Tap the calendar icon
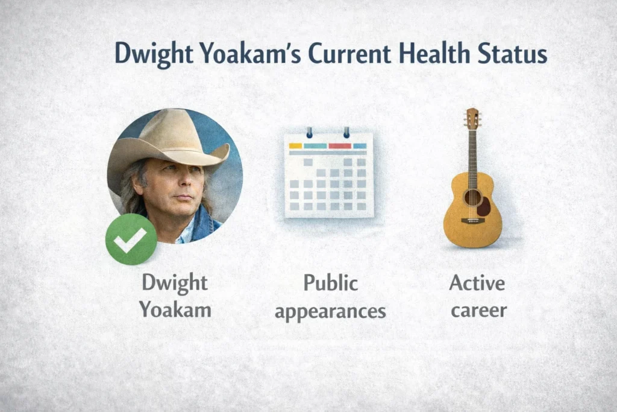click(328, 175)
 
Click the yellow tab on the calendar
click(295, 146)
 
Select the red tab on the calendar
click(339, 146)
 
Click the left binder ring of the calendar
click(309, 132)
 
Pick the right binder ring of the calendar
click(346, 132)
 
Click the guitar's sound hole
click(472, 197)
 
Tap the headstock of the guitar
click(472, 118)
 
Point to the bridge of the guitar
click(472, 221)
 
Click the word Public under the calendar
click(330, 284)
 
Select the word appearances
click(330, 311)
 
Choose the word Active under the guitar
click(477, 282)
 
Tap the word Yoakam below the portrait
click(175, 310)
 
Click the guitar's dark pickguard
click(484, 206)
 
